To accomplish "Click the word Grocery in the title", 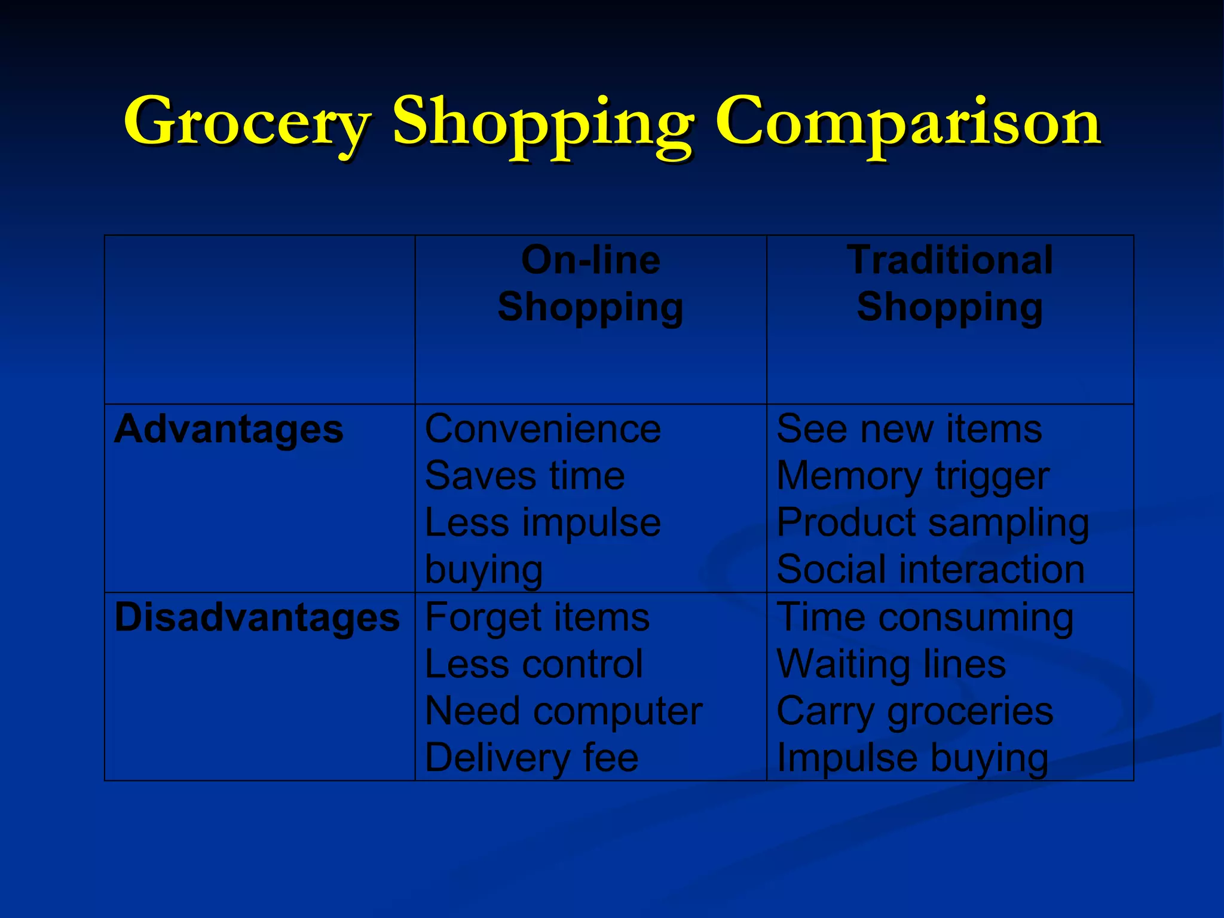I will point(246,123).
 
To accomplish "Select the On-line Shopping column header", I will point(590,283).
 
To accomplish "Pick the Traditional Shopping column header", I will point(950,283).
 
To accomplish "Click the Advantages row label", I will point(229,429).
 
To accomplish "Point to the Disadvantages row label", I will point(257,617).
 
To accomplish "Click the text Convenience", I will point(543,429).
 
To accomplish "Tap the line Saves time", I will point(525,476).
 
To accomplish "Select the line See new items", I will point(909,429).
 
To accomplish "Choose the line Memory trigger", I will point(913,476).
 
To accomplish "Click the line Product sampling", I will point(932,523).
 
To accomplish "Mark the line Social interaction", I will point(931,569).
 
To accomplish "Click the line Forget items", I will point(537,617).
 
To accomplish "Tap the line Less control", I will point(534,664).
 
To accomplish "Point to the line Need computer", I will point(564,711).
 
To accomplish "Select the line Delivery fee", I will point(531,758).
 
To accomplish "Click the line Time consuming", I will point(925,617).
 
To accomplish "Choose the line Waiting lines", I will point(891,664).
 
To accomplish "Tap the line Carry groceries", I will point(914,711).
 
